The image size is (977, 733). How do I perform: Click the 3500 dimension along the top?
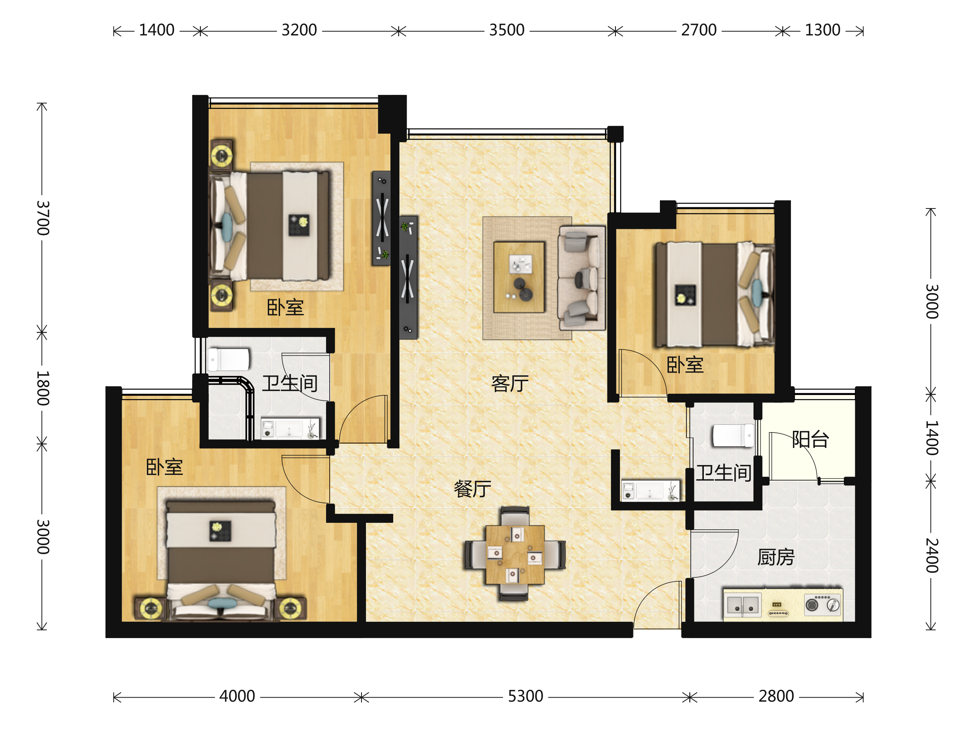pyautogui.click(x=506, y=30)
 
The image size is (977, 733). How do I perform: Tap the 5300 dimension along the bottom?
pyautogui.click(x=525, y=696)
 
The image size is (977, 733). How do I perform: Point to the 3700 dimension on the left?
pyautogui.click(x=43, y=218)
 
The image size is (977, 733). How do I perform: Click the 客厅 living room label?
pyautogui.click(x=510, y=384)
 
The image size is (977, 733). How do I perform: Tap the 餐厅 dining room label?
pyautogui.click(x=473, y=489)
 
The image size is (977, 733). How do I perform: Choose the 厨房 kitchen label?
pyautogui.click(x=776, y=557)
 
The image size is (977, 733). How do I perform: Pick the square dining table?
pyautogui.click(x=515, y=555)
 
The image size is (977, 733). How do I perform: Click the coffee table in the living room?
pyautogui.click(x=519, y=277)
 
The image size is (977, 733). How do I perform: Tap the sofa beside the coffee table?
pyautogui.click(x=581, y=278)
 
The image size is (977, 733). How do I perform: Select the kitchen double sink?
pyautogui.click(x=743, y=605)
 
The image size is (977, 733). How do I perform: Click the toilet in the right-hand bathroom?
pyautogui.click(x=733, y=436)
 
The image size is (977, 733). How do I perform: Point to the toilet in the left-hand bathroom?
pyautogui.click(x=228, y=360)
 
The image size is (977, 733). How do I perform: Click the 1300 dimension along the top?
pyautogui.click(x=822, y=30)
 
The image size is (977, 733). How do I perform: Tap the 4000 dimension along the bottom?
pyautogui.click(x=237, y=696)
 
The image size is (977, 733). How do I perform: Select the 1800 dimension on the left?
pyautogui.click(x=43, y=388)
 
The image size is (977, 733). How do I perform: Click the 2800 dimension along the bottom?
pyautogui.click(x=776, y=696)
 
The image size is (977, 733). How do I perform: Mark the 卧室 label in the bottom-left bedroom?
pyautogui.click(x=164, y=467)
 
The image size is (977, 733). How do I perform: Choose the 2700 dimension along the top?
pyautogui.click(x=699, y=30)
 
